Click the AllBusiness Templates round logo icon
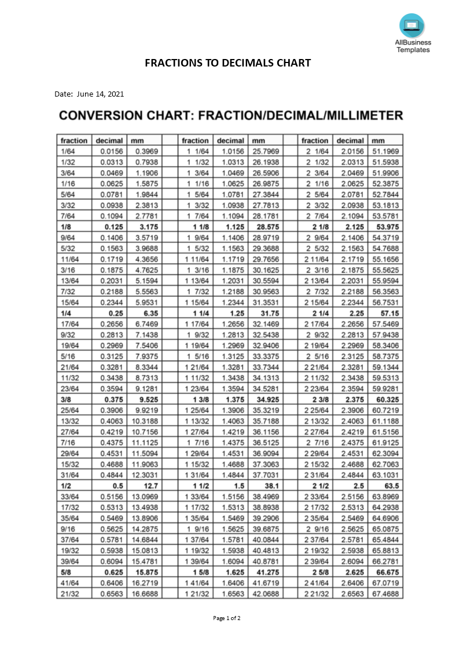[x=412, y=25]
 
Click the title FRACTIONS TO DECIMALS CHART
[x=227, y=63]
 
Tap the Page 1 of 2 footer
[x=227, y=618]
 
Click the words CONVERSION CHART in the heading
[x=125, y=116]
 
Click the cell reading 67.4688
[x=386, y=594]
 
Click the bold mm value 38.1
[x=270, y=486]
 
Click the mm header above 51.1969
[x=378, y=141]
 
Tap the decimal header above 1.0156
[x=230, y=141]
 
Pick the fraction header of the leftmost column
[x=74, y=141]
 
